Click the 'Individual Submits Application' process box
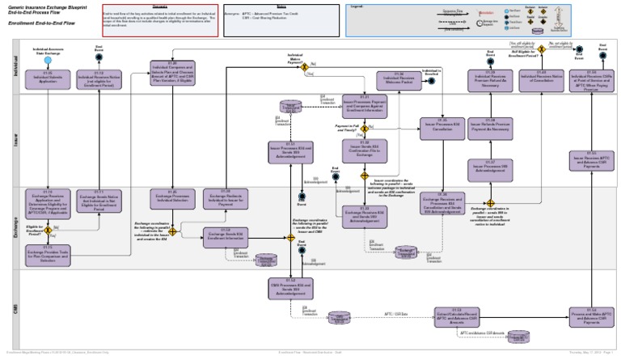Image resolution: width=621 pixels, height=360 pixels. coord(48,78)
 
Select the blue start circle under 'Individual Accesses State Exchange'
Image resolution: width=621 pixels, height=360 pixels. coord(48,60)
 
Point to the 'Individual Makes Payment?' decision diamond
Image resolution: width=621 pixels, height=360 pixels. coord(305,67)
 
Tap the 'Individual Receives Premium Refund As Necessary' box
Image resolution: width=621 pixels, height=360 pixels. coord(490,78)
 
